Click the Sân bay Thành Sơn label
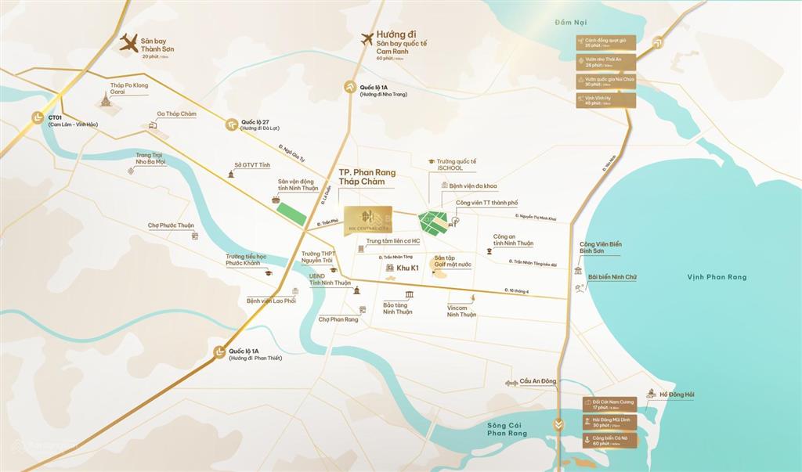(x=157, y=44)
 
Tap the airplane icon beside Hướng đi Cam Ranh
(x=366, y=38)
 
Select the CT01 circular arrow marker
(x=37, y=117)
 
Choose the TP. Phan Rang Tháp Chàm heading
(x=367, y=177)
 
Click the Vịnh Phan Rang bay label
(x=717, y=277)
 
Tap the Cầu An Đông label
(x=536, y=381)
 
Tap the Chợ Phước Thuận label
(x=171, y=225)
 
